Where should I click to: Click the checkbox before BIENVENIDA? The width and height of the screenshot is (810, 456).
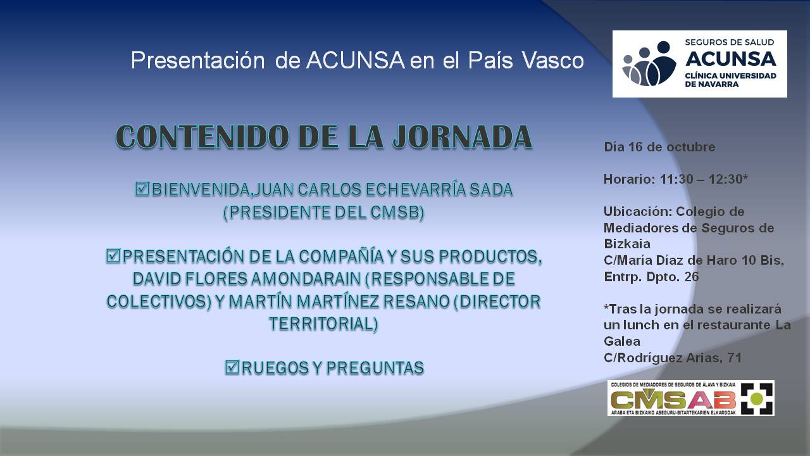pos(142,189)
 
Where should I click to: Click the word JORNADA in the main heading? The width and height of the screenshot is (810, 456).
pos(462,136)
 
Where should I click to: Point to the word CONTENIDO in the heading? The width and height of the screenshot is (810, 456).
pos(202,136)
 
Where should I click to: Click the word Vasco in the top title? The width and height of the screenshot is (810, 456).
pos(553,60)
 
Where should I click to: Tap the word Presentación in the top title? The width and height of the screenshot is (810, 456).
pos(198,60)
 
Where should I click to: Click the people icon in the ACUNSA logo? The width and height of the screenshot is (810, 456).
pos(649,64)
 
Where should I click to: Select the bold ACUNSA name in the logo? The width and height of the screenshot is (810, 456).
pos(730,59)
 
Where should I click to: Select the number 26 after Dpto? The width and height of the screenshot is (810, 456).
pos(692,277)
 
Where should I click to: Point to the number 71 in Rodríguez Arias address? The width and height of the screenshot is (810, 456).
pos(735,358)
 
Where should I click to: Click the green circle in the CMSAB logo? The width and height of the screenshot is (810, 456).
pos(757,398)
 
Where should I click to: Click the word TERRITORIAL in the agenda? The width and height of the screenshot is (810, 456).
pos(323,324)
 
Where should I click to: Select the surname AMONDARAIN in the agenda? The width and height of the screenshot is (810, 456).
pos(306,279)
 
